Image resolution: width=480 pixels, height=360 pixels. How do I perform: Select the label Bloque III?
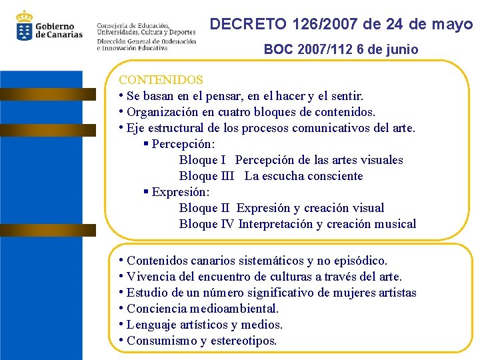(207, 176)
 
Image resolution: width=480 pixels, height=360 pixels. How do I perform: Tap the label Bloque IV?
(207, 224)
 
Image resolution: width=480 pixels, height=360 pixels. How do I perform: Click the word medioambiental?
(233, 309)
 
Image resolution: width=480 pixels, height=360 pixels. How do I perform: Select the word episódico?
(360, 261)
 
